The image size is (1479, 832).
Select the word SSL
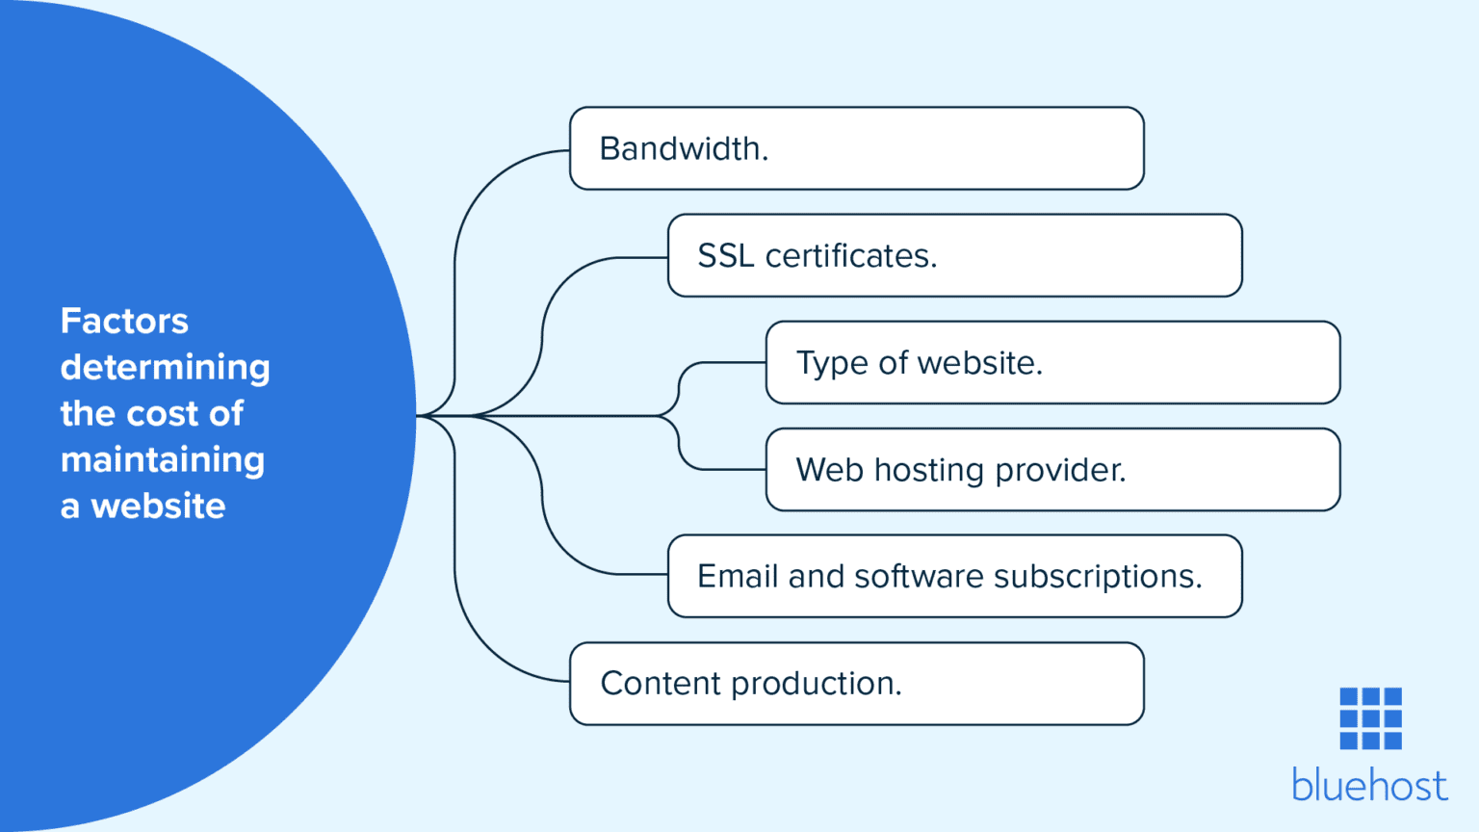click(725, 256)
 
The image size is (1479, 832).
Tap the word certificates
click(850, 256)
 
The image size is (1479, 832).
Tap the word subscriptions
click(1097, 577)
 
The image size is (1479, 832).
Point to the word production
click(817, 684)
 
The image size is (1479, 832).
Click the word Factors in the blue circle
click(124, 321)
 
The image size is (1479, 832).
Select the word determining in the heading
click(165, 368)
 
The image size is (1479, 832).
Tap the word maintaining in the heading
click(162, 460)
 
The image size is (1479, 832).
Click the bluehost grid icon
click(1370, 718)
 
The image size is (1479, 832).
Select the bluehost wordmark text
click(1369, 785)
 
